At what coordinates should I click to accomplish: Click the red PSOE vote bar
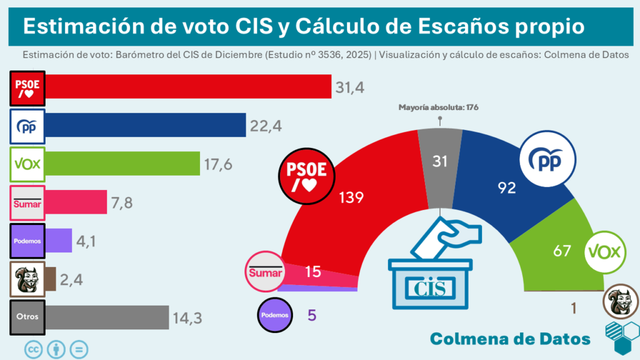[187, 86]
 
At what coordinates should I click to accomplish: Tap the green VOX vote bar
[122, 163]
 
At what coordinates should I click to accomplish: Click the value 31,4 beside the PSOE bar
[350, 88]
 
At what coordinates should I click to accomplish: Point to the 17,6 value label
[219, 164]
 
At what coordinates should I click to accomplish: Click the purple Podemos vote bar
[59, 241]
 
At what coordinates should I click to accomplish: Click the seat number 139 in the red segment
[351, 197]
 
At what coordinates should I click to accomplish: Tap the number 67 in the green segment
[562, 251]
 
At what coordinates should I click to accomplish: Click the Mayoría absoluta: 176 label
[438, 107]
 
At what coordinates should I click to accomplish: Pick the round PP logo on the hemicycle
[548, 161]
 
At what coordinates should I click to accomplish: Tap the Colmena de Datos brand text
[510, 338]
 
